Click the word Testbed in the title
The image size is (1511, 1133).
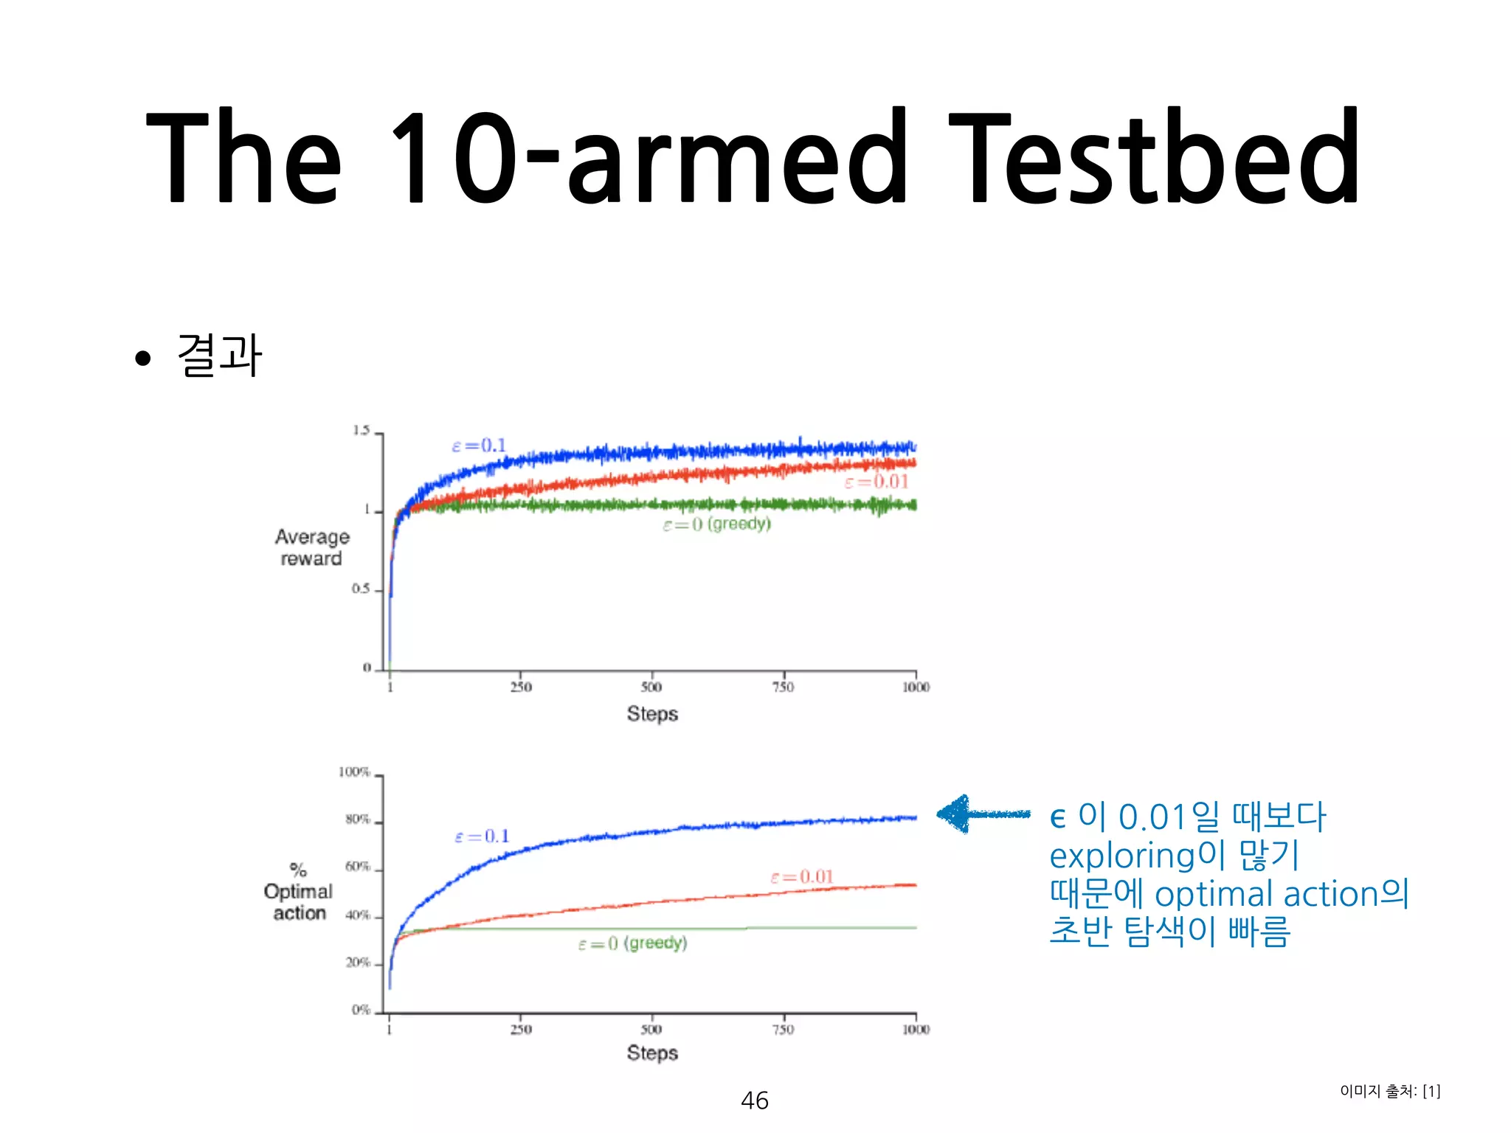click(x=1155, y=156)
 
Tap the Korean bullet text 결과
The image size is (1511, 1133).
click(x=220, y=356)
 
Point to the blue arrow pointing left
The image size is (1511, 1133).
click(x=982, y=814)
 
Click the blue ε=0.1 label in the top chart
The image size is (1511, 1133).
click(x=479, y=446)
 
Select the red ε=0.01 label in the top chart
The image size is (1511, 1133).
click(x=876, y=482)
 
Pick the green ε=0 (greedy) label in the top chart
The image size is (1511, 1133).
click(x=716, y=524)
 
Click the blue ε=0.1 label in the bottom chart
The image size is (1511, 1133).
click(x=482, y=836)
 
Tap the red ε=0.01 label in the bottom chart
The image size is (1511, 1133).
click(x=802, y=876)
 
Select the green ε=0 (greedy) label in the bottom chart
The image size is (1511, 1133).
click(x=633, y=943)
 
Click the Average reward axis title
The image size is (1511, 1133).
click(x=311, y=547)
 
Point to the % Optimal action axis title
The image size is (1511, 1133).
click(x=299, y=892)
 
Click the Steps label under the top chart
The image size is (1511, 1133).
click(x=652, y=713)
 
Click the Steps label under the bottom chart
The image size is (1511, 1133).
click(x=652, y=1053)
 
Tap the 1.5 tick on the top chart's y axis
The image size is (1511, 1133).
click(x=361, y=431)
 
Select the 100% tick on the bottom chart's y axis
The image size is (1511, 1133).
click(x=354, y=772)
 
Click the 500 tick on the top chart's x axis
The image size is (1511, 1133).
click(x=651, y=687)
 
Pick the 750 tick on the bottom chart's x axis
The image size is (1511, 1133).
click(x=783, y=1029)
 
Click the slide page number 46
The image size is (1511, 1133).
click(x=755, y=1100)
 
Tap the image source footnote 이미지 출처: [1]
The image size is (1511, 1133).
click(x=1390, y=1091)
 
